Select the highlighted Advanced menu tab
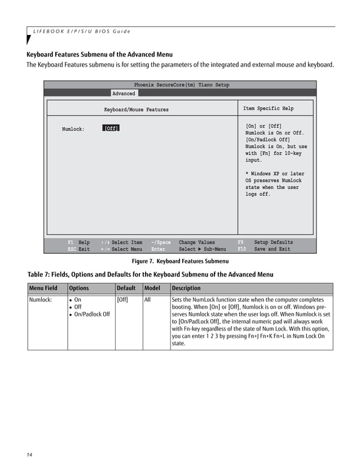pos(124,94)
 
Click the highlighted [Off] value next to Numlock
pos(111,129)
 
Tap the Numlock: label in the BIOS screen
pos(73,129)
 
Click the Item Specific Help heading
pos(268,109)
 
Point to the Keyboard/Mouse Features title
pos(136,109)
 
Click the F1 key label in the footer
pos(71,243)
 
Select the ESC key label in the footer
pos(72,249)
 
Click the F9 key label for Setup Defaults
pos(240,243)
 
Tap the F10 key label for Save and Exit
pos(242,249)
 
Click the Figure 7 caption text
pos(180,261)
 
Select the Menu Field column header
pos(43,288)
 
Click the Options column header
pos(79,288)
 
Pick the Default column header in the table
pos(126,288)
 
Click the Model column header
pos(152,288)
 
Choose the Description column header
pos(186,288)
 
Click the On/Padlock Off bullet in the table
pos(91,314)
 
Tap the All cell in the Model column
pos(147,300)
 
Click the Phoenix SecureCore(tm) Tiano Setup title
pos(182,85)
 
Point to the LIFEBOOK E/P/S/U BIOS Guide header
pos(81,31)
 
